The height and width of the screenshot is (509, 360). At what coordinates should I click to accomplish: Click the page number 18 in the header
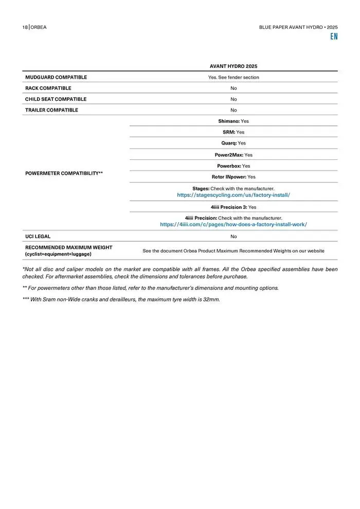25,27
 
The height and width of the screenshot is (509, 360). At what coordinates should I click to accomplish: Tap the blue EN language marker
334,37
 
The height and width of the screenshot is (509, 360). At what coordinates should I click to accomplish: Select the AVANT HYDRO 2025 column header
233,66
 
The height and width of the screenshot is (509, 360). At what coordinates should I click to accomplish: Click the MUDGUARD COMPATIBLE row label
56,77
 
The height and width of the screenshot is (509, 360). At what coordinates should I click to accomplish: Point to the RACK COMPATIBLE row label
48,88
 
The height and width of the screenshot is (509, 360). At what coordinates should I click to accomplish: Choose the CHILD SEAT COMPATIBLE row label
56,99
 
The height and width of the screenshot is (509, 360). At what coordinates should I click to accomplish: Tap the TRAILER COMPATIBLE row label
51,110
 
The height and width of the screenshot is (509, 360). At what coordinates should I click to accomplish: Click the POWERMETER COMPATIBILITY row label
64,173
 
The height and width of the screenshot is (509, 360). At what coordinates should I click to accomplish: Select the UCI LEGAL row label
38,237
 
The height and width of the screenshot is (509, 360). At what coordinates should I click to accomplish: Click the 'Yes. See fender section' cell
233,77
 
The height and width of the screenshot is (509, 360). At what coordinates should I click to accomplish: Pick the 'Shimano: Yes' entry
233,121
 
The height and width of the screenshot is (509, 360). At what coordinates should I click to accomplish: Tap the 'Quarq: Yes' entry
233,143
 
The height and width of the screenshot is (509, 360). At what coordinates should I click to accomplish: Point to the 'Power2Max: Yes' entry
233,155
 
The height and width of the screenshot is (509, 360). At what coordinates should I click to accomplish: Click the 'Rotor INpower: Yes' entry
233,177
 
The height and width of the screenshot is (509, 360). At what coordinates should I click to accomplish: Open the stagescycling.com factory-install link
233,195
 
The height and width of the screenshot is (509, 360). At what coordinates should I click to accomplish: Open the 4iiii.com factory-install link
233,225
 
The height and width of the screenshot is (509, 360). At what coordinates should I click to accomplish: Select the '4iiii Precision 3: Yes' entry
233,207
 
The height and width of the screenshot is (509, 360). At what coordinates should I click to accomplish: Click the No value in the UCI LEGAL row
233,237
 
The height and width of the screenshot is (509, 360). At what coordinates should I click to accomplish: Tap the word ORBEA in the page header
39,27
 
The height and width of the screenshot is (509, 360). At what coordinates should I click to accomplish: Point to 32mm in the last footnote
211,299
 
